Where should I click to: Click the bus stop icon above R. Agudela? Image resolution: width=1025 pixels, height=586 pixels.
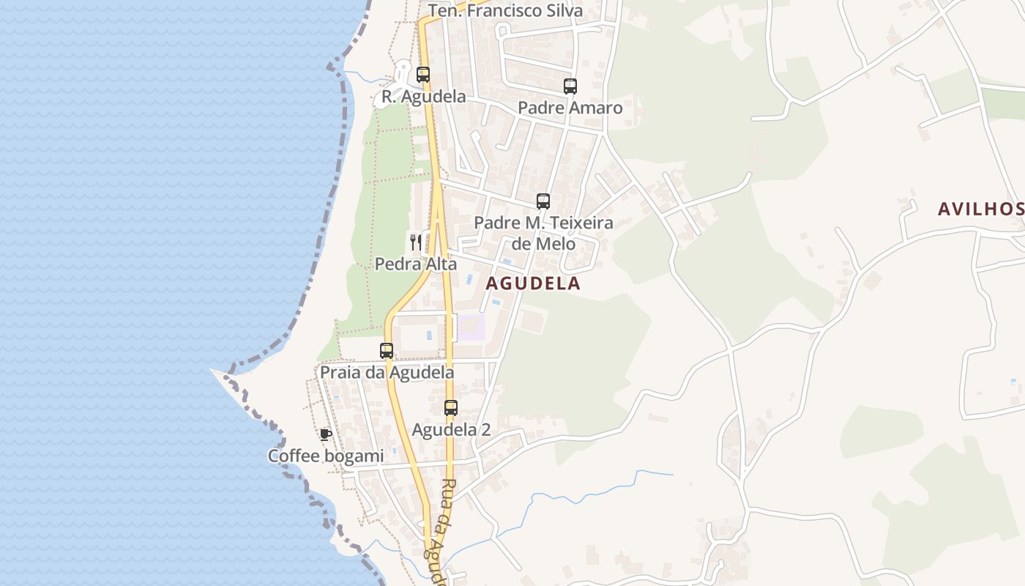(x=423, y=75)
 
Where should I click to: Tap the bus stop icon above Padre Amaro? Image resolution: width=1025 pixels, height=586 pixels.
(x=570, y=86)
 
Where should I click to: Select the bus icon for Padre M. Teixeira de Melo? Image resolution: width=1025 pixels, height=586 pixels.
(x=543, y=201)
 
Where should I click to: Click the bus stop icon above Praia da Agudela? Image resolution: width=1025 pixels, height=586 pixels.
(x=387, y=351)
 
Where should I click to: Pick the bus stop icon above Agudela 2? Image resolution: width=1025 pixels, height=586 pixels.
(x=451, y=408)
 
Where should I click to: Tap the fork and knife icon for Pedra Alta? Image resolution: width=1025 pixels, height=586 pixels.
(x=416, y=242)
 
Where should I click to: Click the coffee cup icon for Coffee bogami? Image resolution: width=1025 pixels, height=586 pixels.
(x=326, y=434)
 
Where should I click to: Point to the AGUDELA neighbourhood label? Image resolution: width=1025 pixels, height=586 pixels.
(x=533, y=284)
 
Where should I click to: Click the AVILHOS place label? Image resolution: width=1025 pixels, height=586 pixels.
(x=980, y=209)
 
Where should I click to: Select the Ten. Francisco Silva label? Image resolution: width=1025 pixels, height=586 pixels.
(x=505, y=11)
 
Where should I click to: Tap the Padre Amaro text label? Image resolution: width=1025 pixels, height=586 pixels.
(x=570, y=108)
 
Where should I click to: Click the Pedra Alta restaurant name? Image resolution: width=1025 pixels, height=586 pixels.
(x=416, y=264)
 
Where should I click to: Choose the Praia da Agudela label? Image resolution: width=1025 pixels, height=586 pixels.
(x=387, y=373)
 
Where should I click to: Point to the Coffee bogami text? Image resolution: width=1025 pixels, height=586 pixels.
(x=326, y=456)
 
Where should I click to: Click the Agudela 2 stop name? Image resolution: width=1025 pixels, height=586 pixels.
(x=451, y=430)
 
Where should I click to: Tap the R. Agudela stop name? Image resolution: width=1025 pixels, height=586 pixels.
(x=423, y=97)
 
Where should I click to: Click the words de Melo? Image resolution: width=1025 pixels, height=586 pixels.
(x=543, y=244)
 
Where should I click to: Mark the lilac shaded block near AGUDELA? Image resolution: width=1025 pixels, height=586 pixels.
(x=471, y=327)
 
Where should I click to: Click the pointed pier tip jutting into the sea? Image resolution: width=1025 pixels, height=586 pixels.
(x=213, y=371)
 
